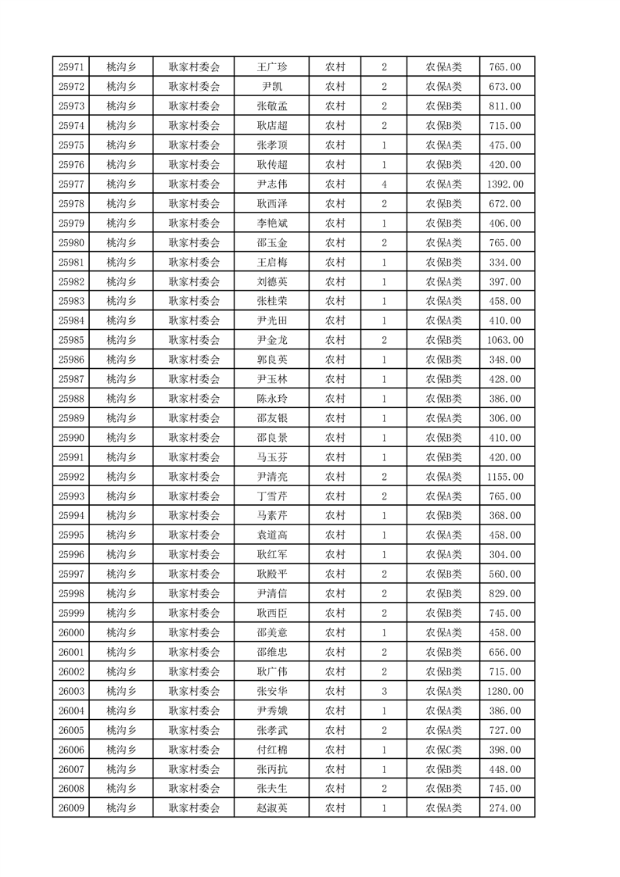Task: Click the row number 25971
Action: (71, 67)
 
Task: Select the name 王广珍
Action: (272, 67)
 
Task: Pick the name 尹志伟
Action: (272, 184)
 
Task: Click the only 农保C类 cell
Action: (443, 750)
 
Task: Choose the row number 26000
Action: (71, 632)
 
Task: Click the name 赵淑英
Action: (272, 808)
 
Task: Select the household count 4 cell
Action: (384, 184)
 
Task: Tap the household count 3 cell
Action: (384, 691)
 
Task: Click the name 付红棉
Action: (272, 750)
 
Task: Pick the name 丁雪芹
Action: (272, 496)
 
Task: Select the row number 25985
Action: (71, 340)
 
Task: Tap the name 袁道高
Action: (272, 535)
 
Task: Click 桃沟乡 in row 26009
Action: (121, 808)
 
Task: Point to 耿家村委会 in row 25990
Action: (195, 438)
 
